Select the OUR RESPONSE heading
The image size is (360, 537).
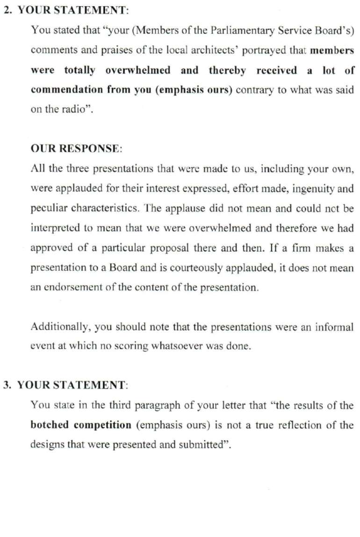(x=76, y=148)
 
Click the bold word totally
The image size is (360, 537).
(x=79, y=70)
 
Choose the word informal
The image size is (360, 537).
(x=333, y=327)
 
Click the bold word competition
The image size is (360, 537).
(x=104, y=425)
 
